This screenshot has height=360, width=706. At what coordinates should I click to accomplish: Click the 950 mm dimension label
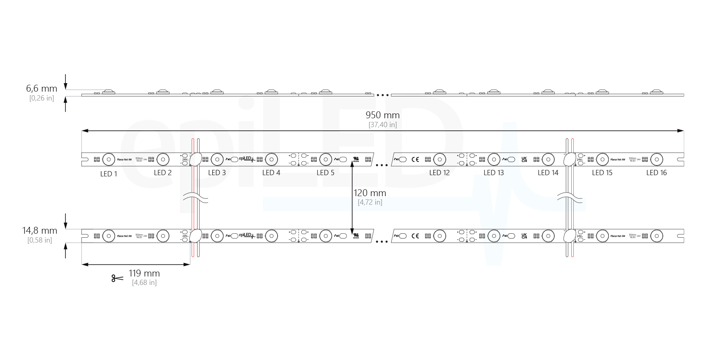(x=382, y=115)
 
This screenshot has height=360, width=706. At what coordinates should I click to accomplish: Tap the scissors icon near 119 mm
(x=117, y=278)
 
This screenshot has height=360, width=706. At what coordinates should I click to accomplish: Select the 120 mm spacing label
(x=370, y=193)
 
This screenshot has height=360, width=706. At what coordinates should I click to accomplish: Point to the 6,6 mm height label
(x=42, y=88)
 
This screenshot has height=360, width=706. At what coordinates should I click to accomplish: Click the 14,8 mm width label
(x=40, y=230)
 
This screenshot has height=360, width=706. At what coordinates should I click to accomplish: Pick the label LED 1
(x=109, y=174)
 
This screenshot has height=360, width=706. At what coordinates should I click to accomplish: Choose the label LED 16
(x=656, y=173)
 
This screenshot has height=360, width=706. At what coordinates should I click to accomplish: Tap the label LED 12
(x=439, y=173)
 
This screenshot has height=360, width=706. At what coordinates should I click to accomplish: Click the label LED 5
(x=325, y=173)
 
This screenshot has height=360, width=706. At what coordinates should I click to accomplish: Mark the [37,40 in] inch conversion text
(x=382, y=125)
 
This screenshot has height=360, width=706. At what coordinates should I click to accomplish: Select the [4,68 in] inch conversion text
(x=144, y=283)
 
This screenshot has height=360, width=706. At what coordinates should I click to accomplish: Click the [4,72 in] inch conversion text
(x=370, y=202)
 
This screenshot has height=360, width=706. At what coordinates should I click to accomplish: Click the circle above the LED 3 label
(x=217, y=159)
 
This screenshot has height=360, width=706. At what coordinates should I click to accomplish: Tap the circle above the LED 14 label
(x=548, y=159)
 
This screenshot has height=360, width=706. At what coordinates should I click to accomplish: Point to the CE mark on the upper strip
(x=415, y=159)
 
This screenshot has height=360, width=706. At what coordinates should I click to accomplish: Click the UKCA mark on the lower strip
(x=524, y=236)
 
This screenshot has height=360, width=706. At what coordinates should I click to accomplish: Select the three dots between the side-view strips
(x=382, y=95)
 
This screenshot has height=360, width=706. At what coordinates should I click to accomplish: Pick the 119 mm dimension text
(x=144, y=273)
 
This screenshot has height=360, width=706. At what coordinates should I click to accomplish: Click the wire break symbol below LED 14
(x=570, y=198)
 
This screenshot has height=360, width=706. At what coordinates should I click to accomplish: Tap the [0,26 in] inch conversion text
(x=42, y=98)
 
